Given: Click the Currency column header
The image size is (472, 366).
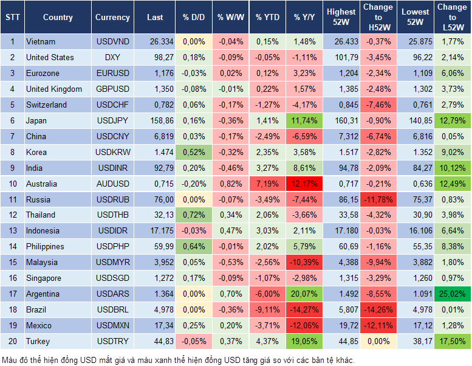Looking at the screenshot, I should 112,18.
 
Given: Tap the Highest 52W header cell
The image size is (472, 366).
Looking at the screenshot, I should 341,18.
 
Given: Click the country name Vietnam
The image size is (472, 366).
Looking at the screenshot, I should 41,41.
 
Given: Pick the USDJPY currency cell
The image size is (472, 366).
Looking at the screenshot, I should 112,120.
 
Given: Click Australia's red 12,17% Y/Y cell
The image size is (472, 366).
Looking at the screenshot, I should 305,184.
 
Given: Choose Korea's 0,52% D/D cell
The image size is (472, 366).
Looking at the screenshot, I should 194,152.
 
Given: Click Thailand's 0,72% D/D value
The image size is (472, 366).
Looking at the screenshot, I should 194,215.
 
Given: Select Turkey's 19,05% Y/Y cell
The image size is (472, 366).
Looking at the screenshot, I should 305,341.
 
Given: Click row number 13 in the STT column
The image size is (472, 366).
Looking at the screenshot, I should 12,231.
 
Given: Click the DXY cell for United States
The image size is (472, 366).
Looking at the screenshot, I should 112,57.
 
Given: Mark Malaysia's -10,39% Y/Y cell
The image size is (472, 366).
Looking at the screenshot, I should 305,262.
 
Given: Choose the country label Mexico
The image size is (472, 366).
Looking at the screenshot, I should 39,325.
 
